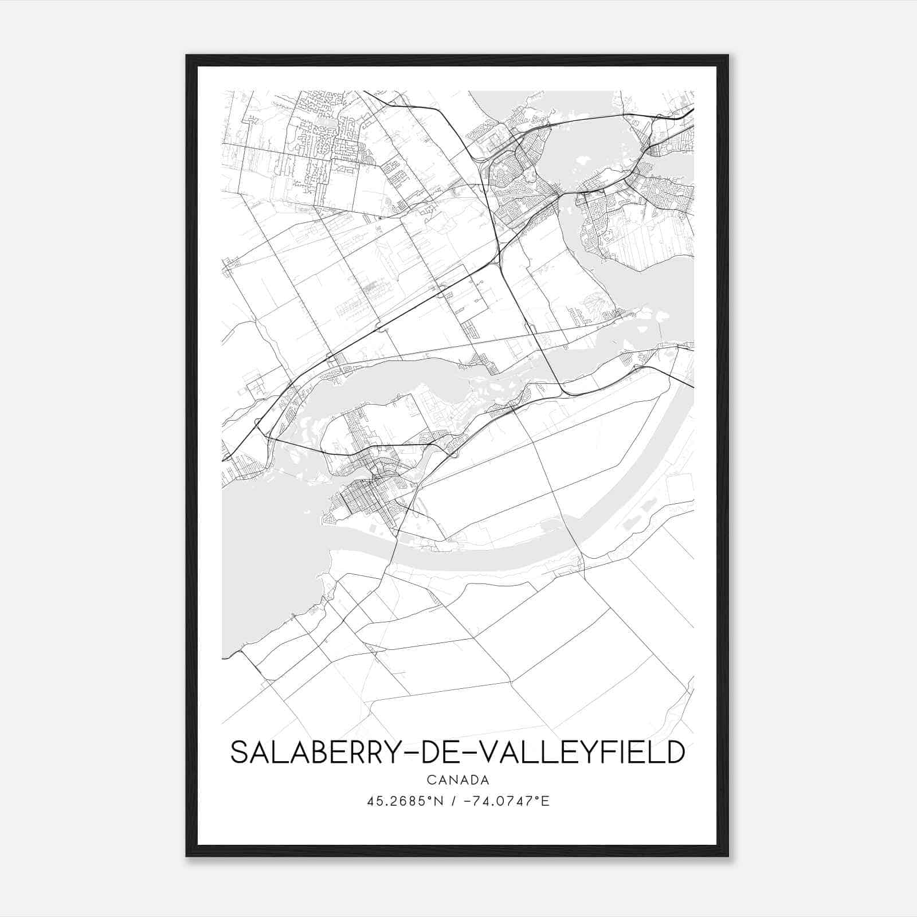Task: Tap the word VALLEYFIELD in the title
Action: (x=582, y=753)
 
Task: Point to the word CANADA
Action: (x=458, y=780)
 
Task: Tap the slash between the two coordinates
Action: (x=454, y=801)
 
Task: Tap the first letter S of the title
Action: (x=239, y=753)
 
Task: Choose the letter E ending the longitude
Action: (x=546, y=801)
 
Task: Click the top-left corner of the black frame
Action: (x=187, y=56)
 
